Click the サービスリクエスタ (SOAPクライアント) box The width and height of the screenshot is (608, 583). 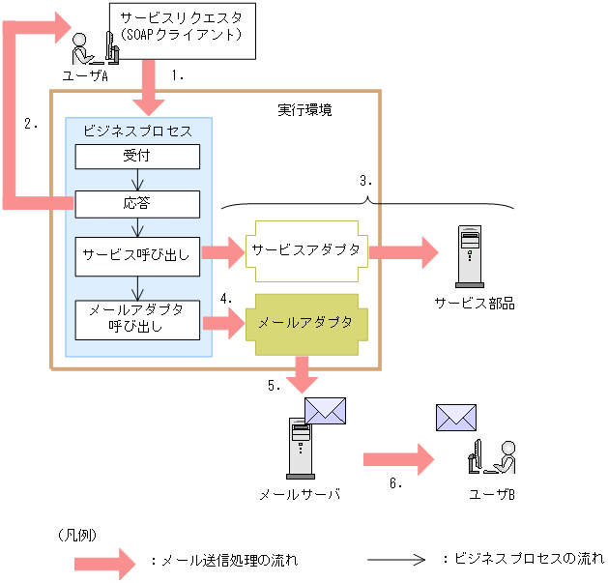[181, 28]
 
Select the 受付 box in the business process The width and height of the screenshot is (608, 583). [137, 156]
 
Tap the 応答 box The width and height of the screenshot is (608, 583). [137, 204]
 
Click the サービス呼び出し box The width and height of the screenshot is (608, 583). [137, 256]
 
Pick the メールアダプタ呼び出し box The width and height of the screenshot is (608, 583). [137, 318]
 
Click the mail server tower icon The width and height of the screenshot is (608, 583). [300, 448]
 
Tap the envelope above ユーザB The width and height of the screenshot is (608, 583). [456, 417]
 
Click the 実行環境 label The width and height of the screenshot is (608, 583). [304, 110]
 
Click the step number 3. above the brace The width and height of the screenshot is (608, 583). [365, 180]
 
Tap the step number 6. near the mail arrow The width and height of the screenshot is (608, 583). [395, 483]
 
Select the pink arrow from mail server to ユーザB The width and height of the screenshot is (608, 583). [396, 458]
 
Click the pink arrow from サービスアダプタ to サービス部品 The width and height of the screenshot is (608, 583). [402, 252]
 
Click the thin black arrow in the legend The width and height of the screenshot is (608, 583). [395, 559]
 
